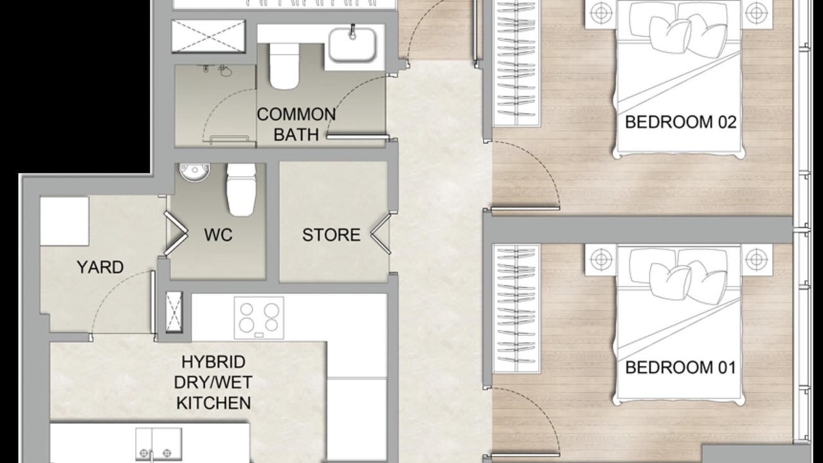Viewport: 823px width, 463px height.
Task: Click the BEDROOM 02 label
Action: click(x=680, y=122)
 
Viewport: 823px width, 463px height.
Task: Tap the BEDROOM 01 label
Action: click(x=680, y=367)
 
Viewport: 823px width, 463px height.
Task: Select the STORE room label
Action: click(x=331, y=235)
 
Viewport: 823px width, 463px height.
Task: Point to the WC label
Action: click(x=218, y=235)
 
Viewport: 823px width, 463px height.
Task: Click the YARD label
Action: click(x=100, y=267)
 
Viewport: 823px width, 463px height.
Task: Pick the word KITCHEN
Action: click(x=213, y=403)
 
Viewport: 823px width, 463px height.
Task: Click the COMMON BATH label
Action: click(x=296, y=125)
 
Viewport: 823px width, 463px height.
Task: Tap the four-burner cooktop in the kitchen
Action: click(x=259, y=318)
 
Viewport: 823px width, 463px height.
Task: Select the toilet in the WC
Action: click(x=241, y=190)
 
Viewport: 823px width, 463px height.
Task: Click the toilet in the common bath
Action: click(x=284, y=66)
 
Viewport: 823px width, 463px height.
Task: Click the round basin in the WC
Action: click(x=194, y=172)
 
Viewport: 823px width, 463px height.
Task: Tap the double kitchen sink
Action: click(x=159, y=444)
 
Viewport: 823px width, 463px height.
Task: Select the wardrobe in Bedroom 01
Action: click(x=516, y=309)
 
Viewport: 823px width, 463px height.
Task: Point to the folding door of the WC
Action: click(x=176, y=233)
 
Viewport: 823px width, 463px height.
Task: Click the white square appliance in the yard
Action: click(x=65, y=221)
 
